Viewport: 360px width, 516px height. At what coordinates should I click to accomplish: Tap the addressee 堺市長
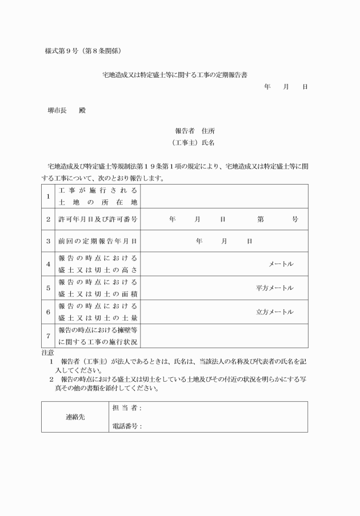pyautogui.click(x=57, y=110)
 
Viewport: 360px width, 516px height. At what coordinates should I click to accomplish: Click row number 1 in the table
pyautogui.click(x=48, y=196)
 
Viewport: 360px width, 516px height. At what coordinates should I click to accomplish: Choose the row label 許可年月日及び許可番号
pyautogui.click(x=98, y=219)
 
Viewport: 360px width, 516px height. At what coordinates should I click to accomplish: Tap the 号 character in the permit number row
pyautogui.click(x=294, y=219)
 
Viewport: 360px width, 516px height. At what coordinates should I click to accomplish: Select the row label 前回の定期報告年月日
pyautogui.click(x=98, y=241)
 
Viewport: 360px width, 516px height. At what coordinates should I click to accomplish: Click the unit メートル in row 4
pyautogui.click(x=281, y=263)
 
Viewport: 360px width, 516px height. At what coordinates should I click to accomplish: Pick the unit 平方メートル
pyautogui.click(x=275, y=288)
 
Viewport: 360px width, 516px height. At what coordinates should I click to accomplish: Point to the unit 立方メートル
pyautogui.click(x=275, y=312)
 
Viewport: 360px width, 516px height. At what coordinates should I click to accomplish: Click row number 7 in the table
pyautogui.click(x=48, y=336)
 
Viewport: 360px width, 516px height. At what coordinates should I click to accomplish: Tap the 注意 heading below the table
pyautogui.click(x=48, y=353)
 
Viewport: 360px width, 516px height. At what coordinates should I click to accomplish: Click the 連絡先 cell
pyautogui.click(x=75, y=417)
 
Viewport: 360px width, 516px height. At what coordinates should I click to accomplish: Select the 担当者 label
pyautogui.click(x=125, y=408)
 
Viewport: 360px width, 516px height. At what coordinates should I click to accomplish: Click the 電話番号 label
pyautogui.click(x=125, y=426)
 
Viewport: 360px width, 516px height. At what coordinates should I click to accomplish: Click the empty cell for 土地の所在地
pyautogui.click(x=224, y=196)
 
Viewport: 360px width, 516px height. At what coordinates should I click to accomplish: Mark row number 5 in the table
pyautogui.click(x=48, y=288)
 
